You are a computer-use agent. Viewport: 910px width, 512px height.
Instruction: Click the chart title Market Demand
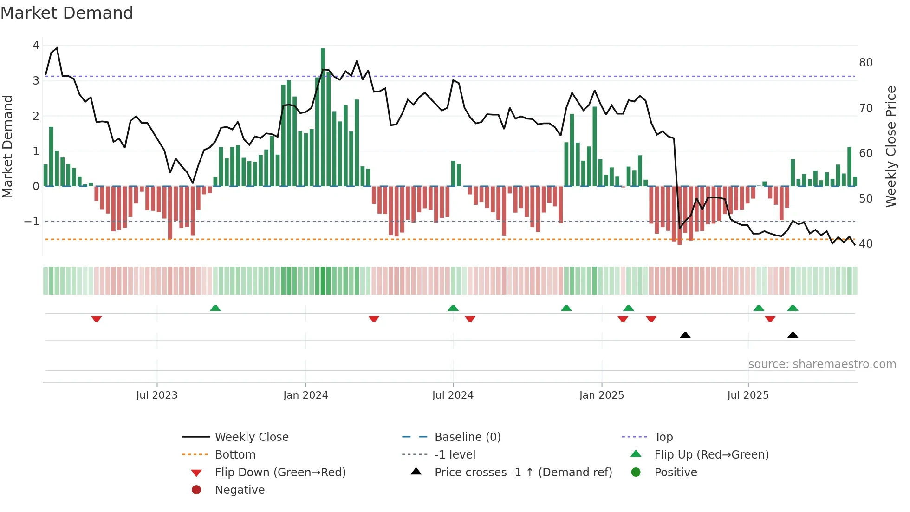(67, 13)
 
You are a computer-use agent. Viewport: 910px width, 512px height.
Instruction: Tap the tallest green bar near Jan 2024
(323, 116)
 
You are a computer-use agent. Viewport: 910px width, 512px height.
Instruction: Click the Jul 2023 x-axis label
(157, 395)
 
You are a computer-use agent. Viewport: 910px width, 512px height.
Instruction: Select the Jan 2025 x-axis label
(602, 395)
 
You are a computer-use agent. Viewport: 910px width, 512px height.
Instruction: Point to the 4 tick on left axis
(36, 46)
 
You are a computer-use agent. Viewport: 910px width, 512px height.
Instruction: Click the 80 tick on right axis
(866, 63)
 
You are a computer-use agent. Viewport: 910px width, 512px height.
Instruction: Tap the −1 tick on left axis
(32, 222)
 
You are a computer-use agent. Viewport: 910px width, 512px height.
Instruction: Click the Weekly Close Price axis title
(890, 146)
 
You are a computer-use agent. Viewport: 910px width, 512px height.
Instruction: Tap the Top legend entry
(663, 437)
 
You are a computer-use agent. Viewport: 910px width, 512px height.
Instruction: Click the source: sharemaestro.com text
(822, 364)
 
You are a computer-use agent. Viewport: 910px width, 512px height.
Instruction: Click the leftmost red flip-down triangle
(97, 319)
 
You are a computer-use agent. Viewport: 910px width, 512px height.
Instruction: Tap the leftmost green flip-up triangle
(215, 308)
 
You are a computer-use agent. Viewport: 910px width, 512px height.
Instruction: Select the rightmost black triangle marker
(793, 335)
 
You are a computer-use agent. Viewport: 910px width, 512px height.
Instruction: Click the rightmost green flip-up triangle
(793, 308)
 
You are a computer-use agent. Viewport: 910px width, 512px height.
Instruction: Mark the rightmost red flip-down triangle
(770, 319)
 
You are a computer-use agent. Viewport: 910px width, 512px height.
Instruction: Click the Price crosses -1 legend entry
(523, 473)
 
